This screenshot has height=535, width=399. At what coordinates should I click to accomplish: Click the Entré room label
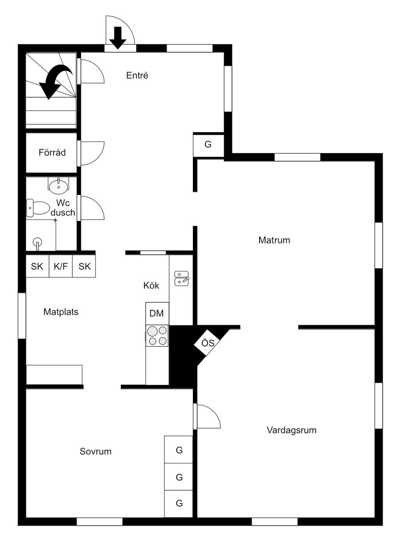(137, 75)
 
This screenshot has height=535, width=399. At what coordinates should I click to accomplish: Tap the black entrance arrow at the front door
(118, 37)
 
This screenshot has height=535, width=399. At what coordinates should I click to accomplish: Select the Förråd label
(52, 152)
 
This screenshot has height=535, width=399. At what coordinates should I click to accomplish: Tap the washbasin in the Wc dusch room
(58, 186)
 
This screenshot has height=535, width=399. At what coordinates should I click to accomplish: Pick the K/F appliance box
(61, 266)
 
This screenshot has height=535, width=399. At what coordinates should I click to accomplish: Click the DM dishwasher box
(157, 313)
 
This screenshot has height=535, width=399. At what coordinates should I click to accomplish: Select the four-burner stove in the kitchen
(157, 336)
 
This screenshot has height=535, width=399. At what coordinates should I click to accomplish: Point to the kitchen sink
(181, 278)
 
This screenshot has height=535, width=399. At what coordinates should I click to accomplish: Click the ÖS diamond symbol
(208, 343)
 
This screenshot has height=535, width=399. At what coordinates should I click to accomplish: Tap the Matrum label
(274, 240)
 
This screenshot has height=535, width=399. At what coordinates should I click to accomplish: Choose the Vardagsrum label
(291, 430)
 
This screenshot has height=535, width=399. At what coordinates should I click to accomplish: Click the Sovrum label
(95, 451)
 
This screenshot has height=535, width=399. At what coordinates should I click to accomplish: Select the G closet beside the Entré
(208, 145)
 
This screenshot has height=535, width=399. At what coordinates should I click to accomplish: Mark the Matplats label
(61, 312)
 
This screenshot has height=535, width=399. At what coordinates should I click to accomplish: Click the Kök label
(151, 285)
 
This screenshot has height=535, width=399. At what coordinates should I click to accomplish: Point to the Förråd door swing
(93, 153)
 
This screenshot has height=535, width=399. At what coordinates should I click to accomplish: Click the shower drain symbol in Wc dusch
(37, 242)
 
